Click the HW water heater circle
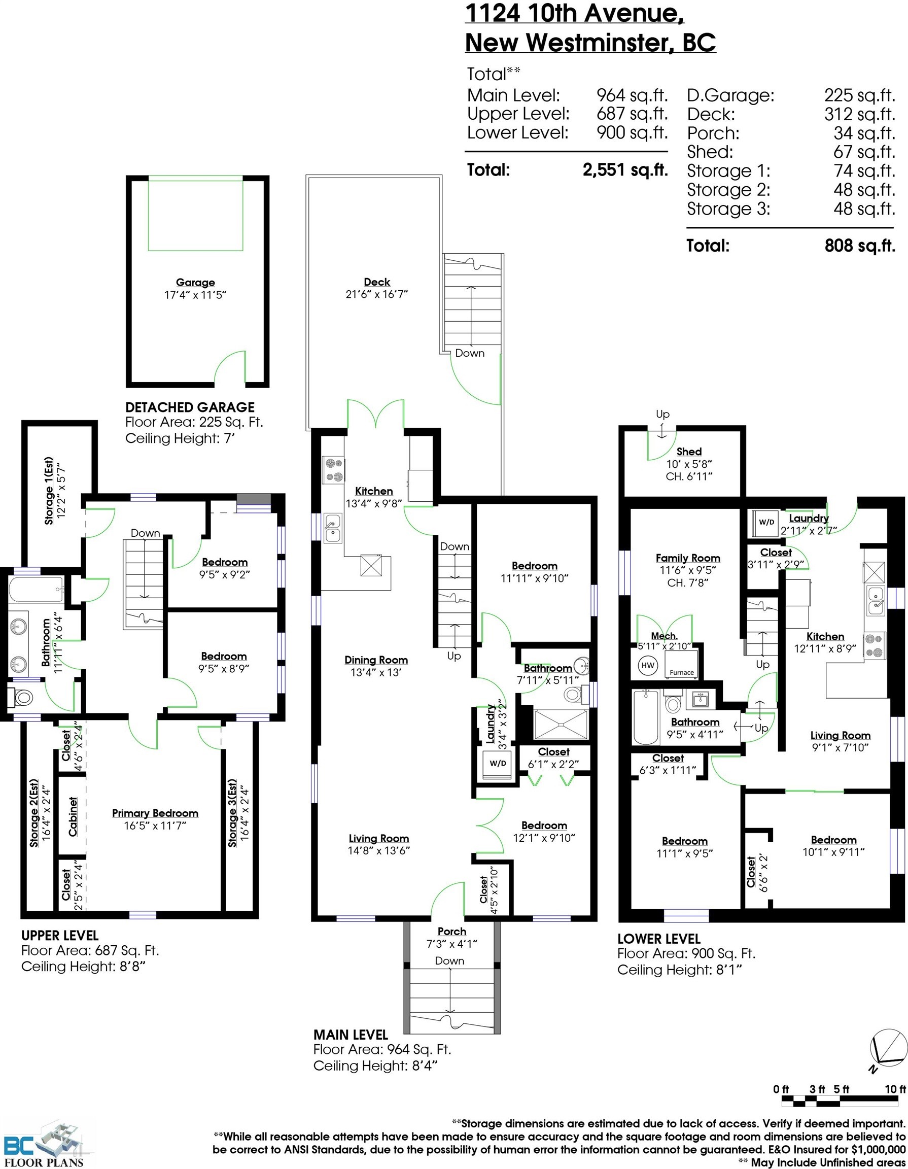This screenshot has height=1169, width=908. pos(648,665)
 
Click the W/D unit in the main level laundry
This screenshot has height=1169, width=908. pos(498,763)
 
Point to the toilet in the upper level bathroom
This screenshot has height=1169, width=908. pos(21,698)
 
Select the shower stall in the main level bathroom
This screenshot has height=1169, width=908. pos(561,725)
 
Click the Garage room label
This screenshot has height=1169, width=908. pos(195,282)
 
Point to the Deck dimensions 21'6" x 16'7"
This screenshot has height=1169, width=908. pos(377,294)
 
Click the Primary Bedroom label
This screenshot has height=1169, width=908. pos(155,813)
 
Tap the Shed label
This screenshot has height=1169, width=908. pos(689,451)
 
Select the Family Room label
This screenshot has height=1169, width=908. pos(688,558)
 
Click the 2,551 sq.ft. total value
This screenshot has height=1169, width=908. pos(625,169)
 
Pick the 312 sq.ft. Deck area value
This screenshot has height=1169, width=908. pos(859,114)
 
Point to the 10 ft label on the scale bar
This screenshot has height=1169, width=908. pos(895,1089)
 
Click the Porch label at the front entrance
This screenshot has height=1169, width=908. pos(451,932)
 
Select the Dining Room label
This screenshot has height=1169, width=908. pos(376,660)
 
